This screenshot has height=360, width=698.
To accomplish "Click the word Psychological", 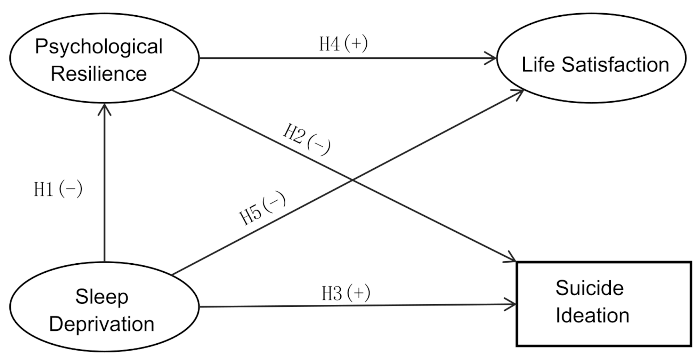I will point(99,47).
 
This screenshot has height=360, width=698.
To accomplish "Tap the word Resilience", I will point(99,74).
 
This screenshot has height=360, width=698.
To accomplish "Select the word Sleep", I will point(102,297).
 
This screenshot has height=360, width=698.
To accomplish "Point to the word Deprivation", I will point(102,324).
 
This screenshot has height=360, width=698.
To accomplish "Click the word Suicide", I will point(590,288).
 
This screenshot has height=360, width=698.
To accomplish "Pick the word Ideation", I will point(592,315).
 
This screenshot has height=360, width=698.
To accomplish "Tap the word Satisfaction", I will point(615,65).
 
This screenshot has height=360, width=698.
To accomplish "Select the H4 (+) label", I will point(343,44).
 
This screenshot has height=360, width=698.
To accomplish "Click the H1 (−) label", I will point(58,189).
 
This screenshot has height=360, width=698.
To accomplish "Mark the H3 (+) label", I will point(346,293).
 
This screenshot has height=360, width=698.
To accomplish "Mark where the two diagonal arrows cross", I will point(352,180).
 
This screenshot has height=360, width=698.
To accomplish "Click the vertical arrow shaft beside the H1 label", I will point(104,188).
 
